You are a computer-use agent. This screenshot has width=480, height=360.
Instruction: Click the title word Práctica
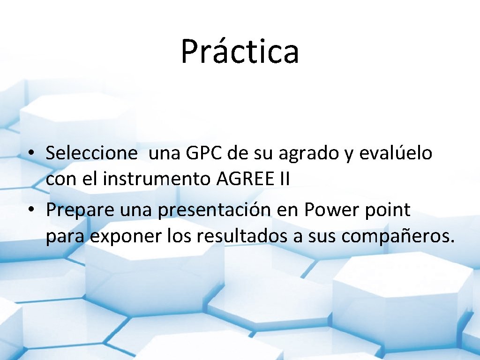click(x=240, y=52)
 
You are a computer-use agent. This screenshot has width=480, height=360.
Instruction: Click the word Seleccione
click(x=92, y=153)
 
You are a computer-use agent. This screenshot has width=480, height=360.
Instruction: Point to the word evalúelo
click(x=396, y=153)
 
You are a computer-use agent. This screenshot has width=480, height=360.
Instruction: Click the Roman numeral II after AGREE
click(x=284, y=179)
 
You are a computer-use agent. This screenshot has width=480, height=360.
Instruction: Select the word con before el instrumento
click(x=59, y=179)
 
